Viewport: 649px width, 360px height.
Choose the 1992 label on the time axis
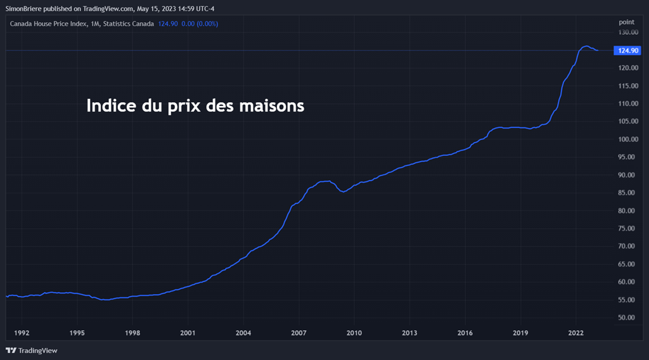click(x=22, y=333)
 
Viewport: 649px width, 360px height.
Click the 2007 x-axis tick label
click(x=299, y=333)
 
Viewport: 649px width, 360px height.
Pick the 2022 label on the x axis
click(x=575, y=333)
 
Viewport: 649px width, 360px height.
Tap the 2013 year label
click(x=409, y=333)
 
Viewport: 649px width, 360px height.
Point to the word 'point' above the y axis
click(x=626, y=22)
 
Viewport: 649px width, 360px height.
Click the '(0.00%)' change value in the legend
click(x=207, y=23)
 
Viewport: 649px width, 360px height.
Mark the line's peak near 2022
click(x=586, y=46)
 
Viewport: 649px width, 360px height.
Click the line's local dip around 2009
click(x=343, y=191)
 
